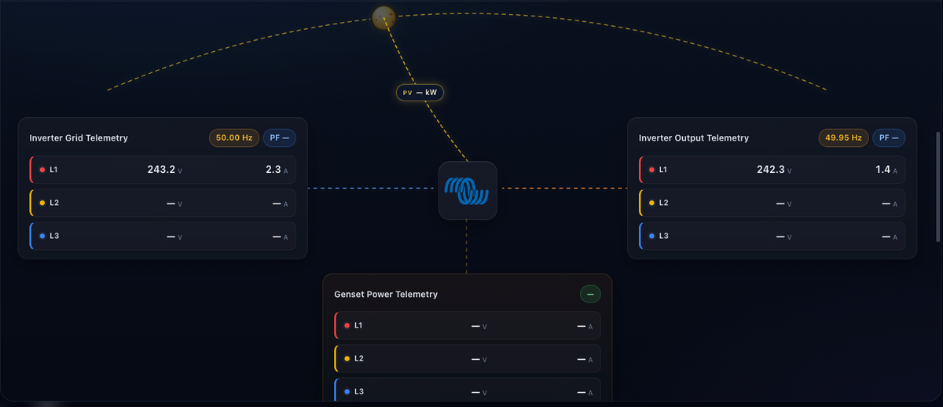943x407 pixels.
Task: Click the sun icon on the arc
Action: pos(383,17)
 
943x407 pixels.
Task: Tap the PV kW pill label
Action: pos(420,93)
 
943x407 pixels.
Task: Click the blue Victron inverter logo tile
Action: pos(468,191)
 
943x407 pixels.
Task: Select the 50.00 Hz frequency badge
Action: pos(234,137)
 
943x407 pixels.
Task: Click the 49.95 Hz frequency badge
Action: pos(843,137)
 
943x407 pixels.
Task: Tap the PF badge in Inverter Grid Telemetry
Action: pos(280,137)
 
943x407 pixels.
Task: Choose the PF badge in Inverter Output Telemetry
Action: pos(889,137)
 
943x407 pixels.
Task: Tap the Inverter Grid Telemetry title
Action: pos(79,138)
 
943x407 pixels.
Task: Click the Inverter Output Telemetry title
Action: pos(694,138)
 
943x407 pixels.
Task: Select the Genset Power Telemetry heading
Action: pos(386,294)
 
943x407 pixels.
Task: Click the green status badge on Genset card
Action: pos(590,294)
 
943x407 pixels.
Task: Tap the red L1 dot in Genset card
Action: pos(347,325)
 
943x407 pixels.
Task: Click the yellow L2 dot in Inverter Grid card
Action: pos(42,203)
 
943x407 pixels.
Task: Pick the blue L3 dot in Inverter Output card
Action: pos(651,236)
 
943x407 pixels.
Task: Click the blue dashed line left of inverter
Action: pos(371,188)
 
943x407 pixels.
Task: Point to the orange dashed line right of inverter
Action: pos(564,188)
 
